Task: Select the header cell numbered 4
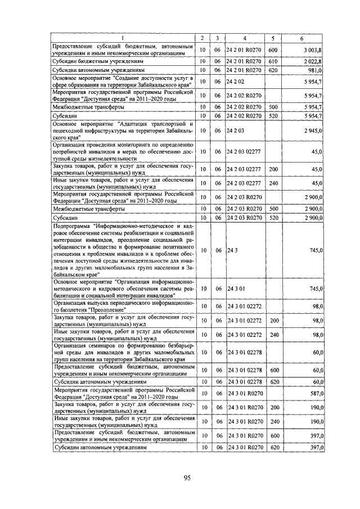[245, 38]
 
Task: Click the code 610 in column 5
[274, 60]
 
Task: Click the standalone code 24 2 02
[236, 81]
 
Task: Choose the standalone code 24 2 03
[236, 130]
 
